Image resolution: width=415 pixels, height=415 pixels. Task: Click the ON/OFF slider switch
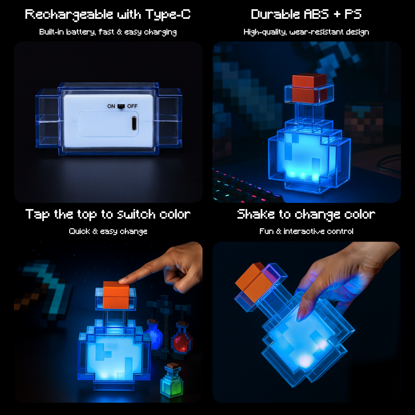(121, 106)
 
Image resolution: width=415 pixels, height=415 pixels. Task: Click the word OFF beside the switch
(132, 106)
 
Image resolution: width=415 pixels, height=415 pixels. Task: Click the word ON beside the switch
(111, 106)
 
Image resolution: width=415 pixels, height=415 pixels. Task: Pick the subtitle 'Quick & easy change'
(108, 231)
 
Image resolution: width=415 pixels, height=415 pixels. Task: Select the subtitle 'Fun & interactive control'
(306, 231)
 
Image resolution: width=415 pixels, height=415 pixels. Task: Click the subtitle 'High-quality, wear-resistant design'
(306, 32)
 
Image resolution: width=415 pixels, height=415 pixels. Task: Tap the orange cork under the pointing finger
(116, 294)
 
